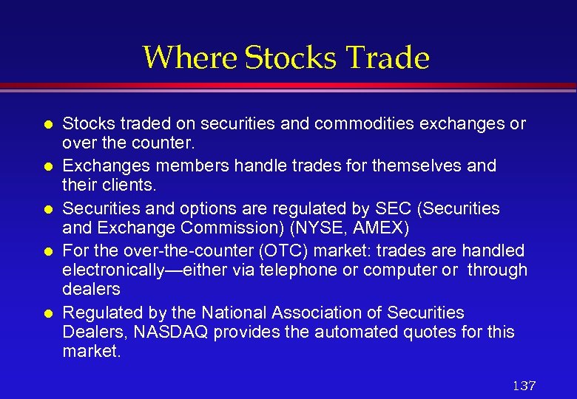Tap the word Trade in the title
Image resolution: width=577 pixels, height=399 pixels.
[392, 58]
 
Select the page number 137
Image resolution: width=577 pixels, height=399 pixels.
[524, 386]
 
